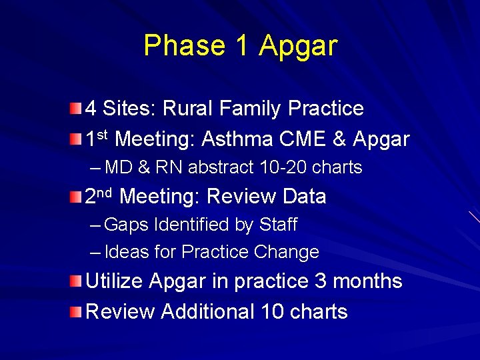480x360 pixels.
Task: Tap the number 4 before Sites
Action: (91, 109)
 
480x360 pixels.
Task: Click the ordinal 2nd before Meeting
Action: (99, 195)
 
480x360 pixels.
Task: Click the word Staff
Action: (278, 225)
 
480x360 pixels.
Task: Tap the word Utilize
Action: (114, 281)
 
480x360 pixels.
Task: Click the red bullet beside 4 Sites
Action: (77, 109)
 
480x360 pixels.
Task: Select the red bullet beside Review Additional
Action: (77, 311)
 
